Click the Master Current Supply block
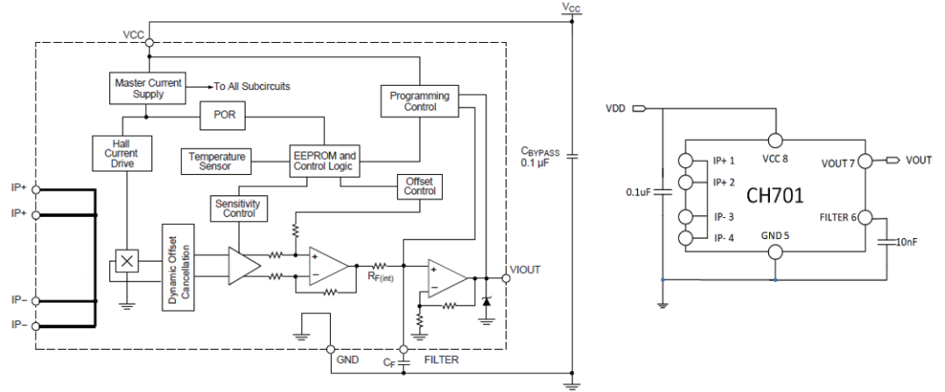(147, 87)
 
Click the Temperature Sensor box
(214, 161)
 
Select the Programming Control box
(419, 101)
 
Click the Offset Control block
(419, 185)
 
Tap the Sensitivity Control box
(238, 208)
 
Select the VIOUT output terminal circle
(504, 277)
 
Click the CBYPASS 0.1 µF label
(539, 157)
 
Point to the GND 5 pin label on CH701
(774, 234)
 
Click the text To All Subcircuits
(253, 87)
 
